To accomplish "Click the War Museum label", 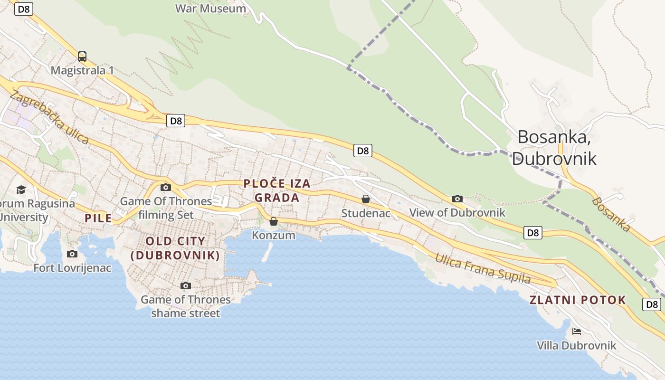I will click(210, 9).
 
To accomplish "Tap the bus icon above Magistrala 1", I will click(82, 57).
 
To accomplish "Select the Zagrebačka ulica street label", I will click(49, 117).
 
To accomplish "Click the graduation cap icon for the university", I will click(21, 190).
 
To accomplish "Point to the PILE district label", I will click(98, 218).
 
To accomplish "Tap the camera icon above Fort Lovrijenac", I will click(72, 254).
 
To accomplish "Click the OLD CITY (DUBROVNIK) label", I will click(175, 248).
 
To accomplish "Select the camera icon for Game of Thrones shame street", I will click(186, 285).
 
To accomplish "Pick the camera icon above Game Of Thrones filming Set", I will click(166, 187).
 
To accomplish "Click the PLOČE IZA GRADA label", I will click(277, 190).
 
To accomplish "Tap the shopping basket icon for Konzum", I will click(274, 221).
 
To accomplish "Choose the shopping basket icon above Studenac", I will click(366, 199).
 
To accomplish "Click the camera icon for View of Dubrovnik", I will click(457, 199).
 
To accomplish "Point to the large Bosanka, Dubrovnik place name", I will click(554, 147).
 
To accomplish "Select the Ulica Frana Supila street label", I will click(483, 268).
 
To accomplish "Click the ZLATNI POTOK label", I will click(578, 300).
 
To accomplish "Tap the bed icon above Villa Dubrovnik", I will click(577, 332).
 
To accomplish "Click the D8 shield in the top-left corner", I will click(24, 9).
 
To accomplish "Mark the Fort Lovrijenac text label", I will click(72, 268).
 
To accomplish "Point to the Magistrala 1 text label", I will click(82, 70).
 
